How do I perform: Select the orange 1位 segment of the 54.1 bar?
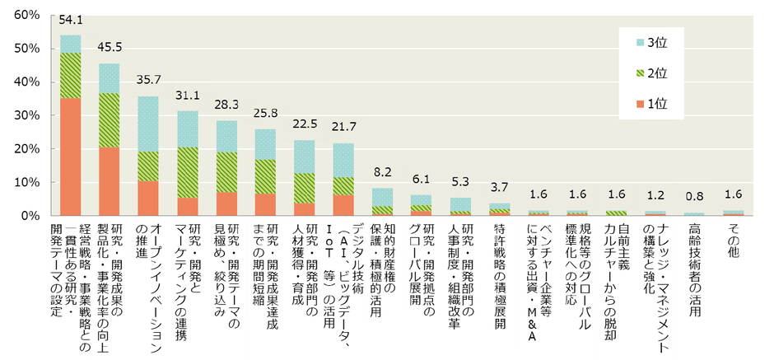(x=70, y=157)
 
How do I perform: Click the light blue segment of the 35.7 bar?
(x=148, y=124)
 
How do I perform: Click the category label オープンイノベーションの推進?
(x=148, y=280)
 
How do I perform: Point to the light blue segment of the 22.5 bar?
(x=305, y=157)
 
